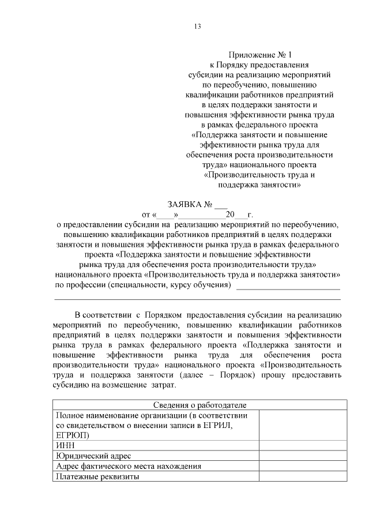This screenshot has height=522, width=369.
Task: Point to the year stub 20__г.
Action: pyautogui.click(x=240, y=215)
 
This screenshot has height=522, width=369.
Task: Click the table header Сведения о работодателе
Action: pyautogui.click(x=197, y=405)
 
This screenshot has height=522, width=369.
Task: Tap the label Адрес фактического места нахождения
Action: pyautogui.click(x=127, y=466)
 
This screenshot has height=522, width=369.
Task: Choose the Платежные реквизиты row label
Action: pyautogui.click(x=97, y=476)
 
